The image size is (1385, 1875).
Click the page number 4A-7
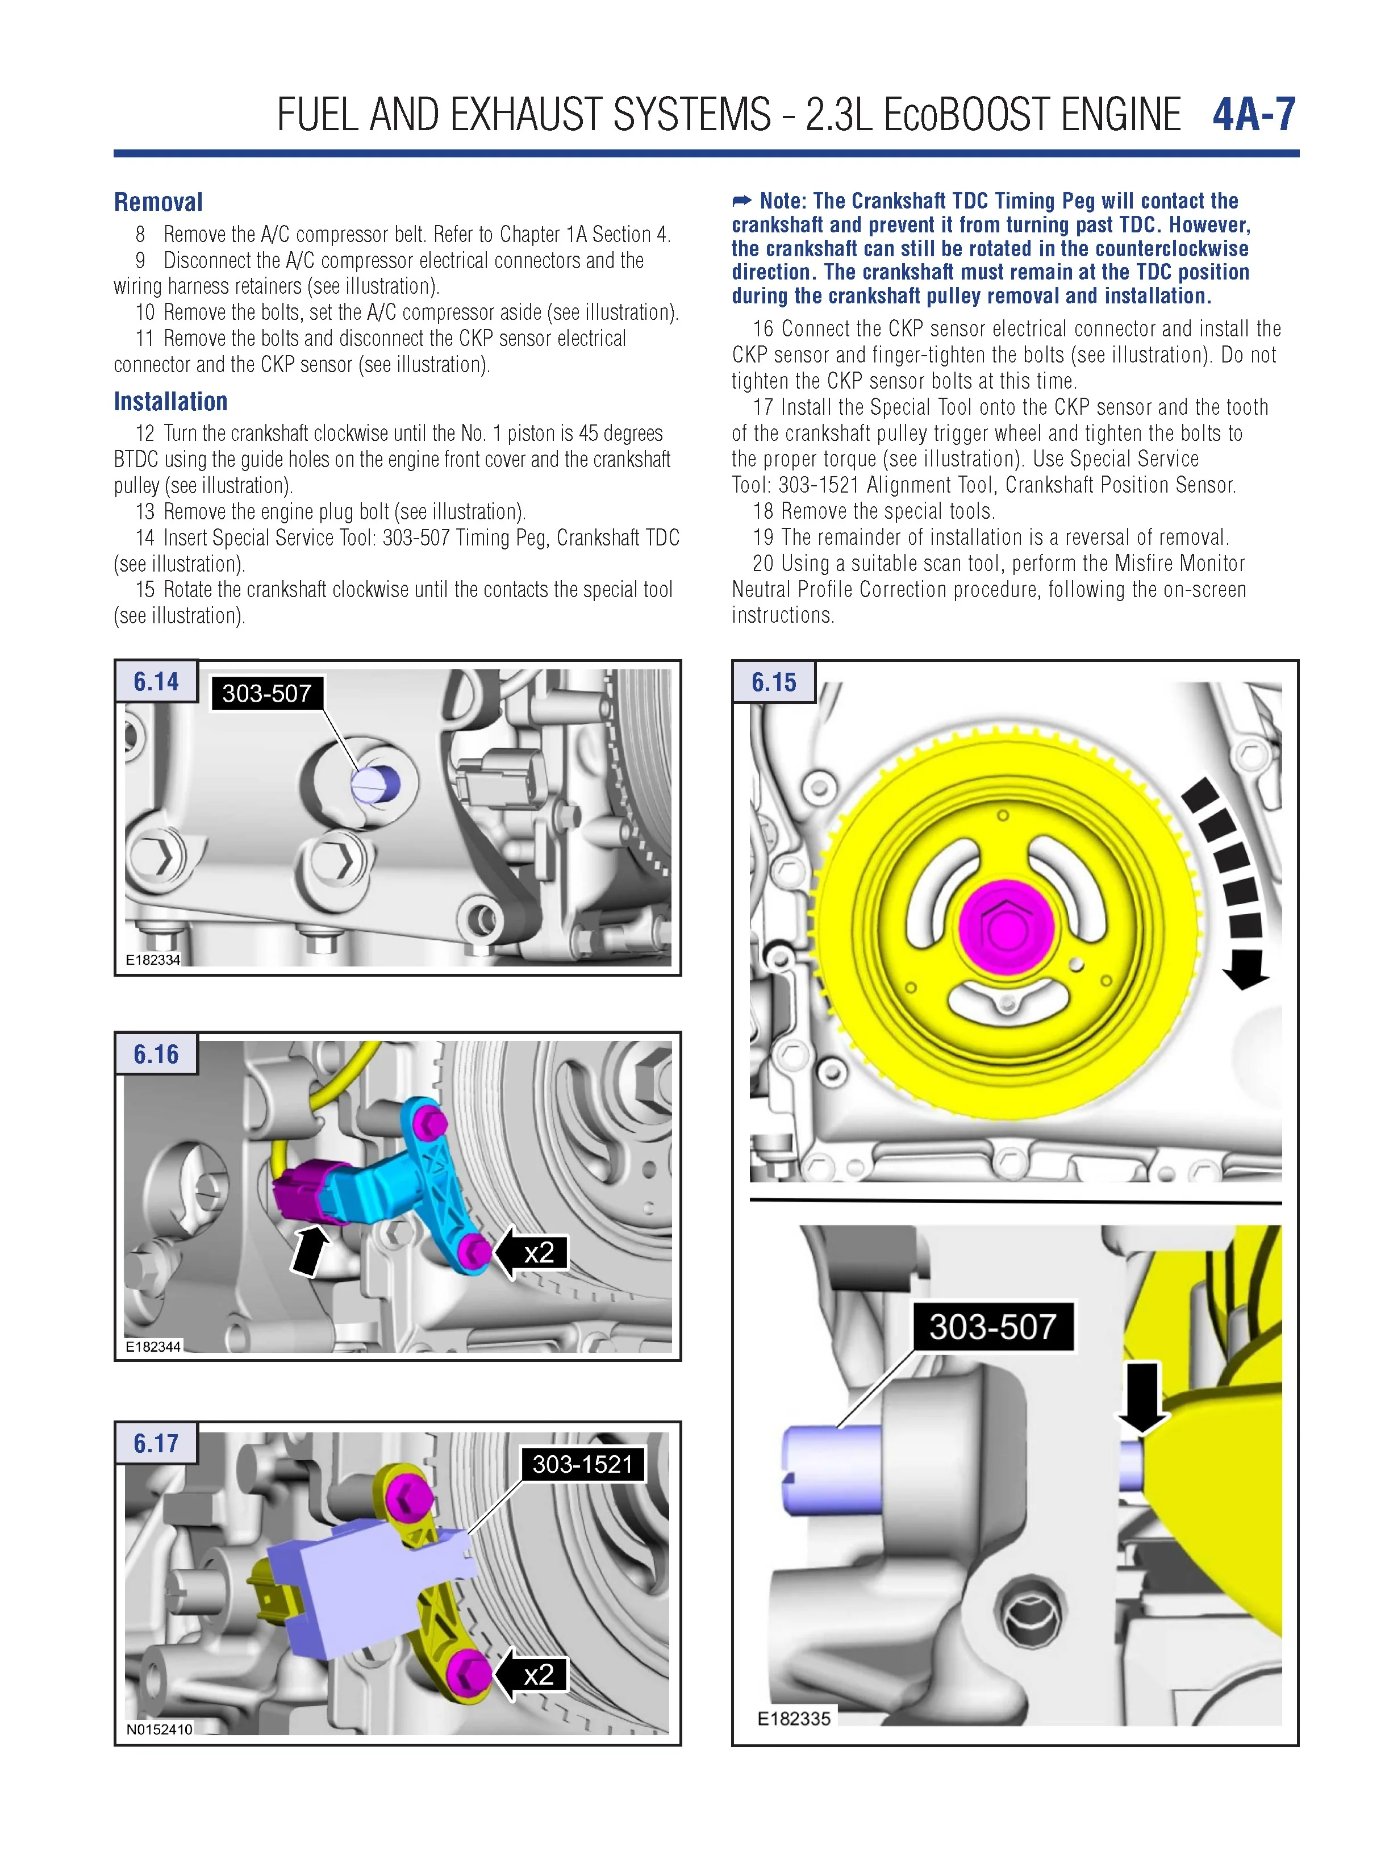[1253, 115]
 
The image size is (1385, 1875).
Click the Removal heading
[158, 202]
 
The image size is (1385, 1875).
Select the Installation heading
[171, 402]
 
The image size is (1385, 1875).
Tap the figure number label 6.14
[156, 682]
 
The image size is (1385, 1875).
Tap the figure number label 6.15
[773, 682]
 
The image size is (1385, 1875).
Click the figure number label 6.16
[156, 1054]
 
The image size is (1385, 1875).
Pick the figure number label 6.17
[156, 1443]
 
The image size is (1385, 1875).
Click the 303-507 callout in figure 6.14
[266, 694]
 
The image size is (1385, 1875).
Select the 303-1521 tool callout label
[583, 1464]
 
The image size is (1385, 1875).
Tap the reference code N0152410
[159, 1729]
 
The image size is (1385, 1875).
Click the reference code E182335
[793, 1719]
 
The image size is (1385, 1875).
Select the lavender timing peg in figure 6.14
[376, 785]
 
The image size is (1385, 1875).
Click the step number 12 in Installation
[145, 434]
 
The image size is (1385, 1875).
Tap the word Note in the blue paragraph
[781, 201]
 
